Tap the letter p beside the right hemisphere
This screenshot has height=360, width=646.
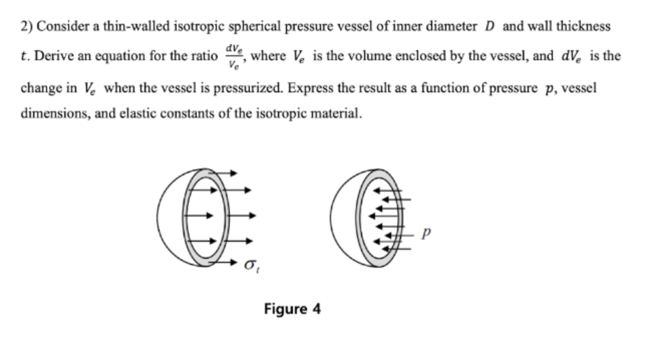coord(426,233)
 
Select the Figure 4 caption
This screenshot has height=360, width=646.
coord(292,308)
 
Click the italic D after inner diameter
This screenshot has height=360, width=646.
coord(490,27)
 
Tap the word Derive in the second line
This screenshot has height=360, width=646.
coord(50,56)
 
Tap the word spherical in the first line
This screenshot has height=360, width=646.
coord(256,27)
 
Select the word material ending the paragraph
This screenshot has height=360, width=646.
coord(336,114)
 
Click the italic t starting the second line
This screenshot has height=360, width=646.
coord(23,56)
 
